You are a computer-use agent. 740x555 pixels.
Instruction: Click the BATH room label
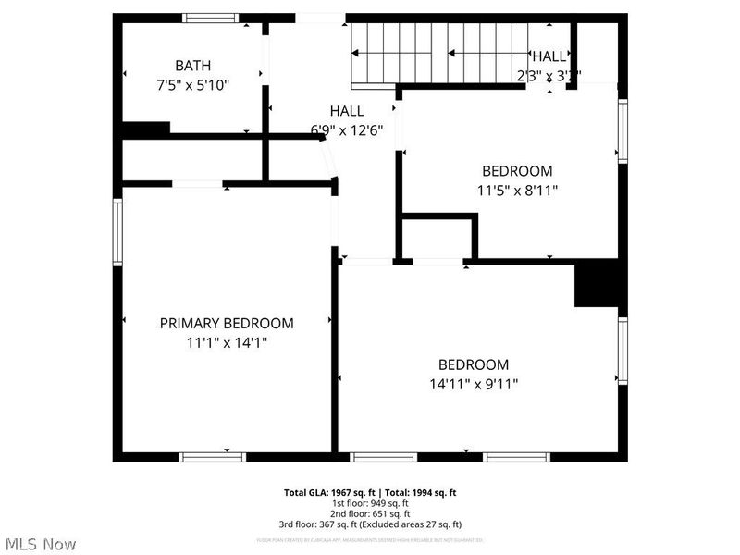pyautogui.click(x=192, y=66)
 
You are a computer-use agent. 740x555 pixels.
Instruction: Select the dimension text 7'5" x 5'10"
pyautogui.click(x=192, y=84)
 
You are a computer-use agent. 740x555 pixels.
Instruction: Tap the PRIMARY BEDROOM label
pyautogui.click(x=227, y=323)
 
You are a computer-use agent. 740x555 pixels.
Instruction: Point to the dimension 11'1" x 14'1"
pyautogui.click(x=227, y=342)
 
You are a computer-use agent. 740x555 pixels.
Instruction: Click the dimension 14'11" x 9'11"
pyautogui.click(x=473, y=383)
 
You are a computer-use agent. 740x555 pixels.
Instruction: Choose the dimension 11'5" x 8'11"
pyautogui.click(x=516, y=190)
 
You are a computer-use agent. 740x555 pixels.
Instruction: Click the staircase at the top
pyautogui.click(x=435, y=54)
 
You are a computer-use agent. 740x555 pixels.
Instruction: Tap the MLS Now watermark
pyautogui.click(x=41, y=544)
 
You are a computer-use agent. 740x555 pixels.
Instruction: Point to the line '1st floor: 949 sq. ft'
pyautogui.click(x=370, y=503)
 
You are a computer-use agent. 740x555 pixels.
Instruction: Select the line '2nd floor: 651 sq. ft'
pyautogui.click(x=370, y=513)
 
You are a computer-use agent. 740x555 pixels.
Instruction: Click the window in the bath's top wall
pyautogui.click(x=210, y=18)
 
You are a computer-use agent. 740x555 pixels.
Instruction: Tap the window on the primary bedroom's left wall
pyautogui.click(x=117, y=231)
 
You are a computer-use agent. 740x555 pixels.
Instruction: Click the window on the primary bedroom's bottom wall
pyautogui.click(x=212, y=456)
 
